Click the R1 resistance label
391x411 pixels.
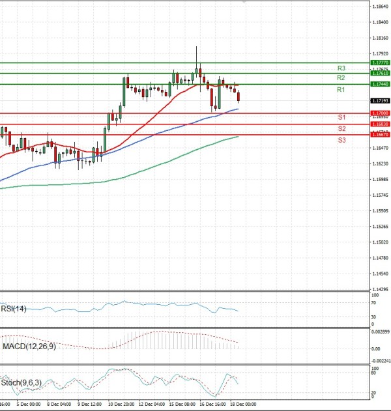click(341, 90)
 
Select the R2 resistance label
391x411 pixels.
click(341, 78)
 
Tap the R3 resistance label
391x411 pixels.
click(341, 68)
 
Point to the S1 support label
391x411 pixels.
click(341, 117)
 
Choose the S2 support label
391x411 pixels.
click(341, 128)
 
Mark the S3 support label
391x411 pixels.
click(341, 140)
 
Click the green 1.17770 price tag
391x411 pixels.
click(380, 63)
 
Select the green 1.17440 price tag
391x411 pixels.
click(380, 85)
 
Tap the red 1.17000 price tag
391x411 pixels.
click(380, 113)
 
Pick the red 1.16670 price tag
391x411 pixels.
click(380, 134)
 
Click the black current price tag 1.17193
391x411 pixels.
click(380, 101)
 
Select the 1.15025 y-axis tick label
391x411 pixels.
click(381, 242)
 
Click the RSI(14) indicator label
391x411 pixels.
click(14, 309)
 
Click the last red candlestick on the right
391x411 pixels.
click(239, 97)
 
